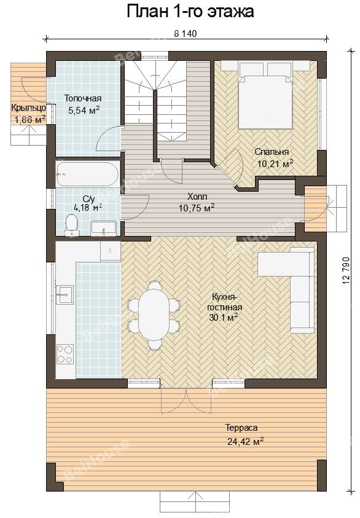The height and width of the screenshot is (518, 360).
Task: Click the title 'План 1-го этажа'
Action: click(190, 11)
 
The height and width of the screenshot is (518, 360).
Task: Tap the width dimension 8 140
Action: click(185, 34)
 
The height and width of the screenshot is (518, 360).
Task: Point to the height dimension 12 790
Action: click(346, 270)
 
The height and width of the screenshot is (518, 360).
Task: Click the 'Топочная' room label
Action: click(83, 98)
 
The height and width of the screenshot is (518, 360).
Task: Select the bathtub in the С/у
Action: click(87, 174)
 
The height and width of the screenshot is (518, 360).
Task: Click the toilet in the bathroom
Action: click(71, 226)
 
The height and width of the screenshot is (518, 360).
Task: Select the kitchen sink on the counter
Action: click(65, 294)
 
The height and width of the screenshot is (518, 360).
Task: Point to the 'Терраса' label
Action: click(242, 428)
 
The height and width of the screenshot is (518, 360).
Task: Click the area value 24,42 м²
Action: click(245, 441)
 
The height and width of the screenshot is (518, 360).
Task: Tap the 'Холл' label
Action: click(197, 197)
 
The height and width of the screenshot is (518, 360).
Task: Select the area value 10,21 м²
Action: click(275, 163)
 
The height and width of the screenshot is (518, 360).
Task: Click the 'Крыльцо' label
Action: click(28, 108)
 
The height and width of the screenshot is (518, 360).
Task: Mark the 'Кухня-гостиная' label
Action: click(225, 302)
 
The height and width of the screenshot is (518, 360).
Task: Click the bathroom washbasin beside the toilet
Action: click(103, 229)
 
